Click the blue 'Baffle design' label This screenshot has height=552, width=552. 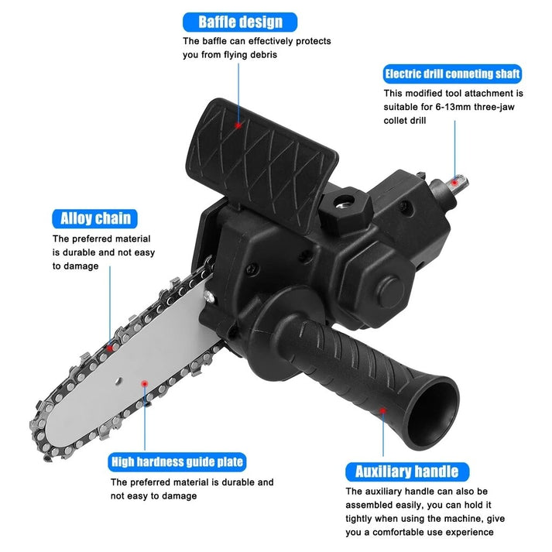coord(239,22)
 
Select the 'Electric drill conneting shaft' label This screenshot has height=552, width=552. coord(453,74)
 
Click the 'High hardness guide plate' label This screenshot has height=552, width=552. coord(177,462)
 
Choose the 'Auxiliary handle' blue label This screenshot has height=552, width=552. coord(406,471)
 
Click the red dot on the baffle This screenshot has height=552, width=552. coord(239,124)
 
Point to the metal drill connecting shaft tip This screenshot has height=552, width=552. coord(459,183)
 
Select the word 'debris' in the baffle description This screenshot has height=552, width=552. coord(260,55)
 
